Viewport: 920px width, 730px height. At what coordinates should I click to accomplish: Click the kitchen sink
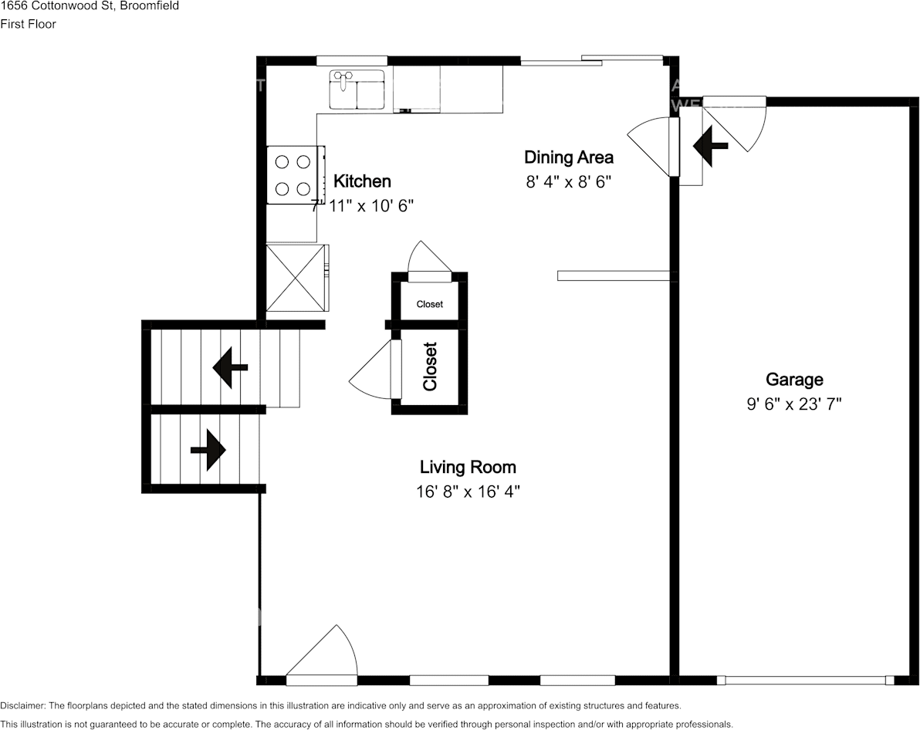tap(357, 90)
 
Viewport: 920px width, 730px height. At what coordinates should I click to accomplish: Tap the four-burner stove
tap(293, 175)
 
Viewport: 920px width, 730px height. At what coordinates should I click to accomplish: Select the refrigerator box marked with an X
tap(295, 278)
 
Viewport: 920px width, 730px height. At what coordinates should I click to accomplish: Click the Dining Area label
tap(569, 157)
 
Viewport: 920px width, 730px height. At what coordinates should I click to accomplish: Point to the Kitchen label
tap(362, 181)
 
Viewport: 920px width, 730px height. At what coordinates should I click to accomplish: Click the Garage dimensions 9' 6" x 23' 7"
tap(793, 404)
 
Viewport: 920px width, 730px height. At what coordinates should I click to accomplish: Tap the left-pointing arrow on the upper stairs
tap(230, 367)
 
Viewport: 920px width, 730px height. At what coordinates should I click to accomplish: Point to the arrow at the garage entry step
tap(710, 145)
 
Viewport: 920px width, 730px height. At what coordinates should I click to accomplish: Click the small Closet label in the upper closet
tap(430, 304)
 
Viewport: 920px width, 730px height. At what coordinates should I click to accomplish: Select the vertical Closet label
tap(430, 366)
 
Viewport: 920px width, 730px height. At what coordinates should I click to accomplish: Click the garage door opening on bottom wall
tap(805, 680)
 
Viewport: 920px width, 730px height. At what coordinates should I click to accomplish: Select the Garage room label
tap(794, 380)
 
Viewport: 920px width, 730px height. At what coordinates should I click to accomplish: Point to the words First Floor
tap(28, 24)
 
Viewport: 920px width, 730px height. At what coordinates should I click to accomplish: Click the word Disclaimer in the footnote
tap(22, 705)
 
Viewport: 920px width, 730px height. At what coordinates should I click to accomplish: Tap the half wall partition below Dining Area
tap(613, 275)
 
